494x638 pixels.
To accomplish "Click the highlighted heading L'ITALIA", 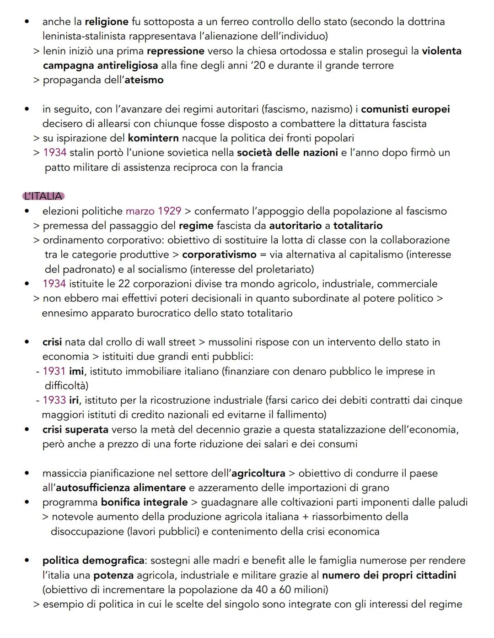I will pos(43,196).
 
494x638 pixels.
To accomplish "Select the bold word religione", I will pos(107,22).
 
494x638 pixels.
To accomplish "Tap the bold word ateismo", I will pos(144,80).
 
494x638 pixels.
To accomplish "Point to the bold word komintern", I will pos(153,138).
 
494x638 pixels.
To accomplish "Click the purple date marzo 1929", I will pos(153,211).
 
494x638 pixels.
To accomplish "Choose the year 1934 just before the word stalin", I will pos(54,153).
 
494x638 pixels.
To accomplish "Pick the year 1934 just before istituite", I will pos(54,284).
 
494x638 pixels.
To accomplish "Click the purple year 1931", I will pos(54,371).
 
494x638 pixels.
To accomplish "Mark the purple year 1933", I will pos(54,400).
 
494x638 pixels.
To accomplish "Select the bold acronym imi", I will pos(76,371).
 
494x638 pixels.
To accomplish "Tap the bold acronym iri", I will pos(74,400).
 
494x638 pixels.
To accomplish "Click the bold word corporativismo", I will pos(219,254).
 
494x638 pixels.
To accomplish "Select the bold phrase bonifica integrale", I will pos(144,503).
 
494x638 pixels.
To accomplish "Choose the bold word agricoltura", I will pos(258,473).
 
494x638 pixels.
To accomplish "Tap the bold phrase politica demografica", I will pos(93,561).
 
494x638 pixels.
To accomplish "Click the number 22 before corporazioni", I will pos(124,284).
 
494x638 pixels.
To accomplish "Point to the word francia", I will pos(267,168).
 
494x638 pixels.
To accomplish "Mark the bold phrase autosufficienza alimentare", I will pos(121,488).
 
